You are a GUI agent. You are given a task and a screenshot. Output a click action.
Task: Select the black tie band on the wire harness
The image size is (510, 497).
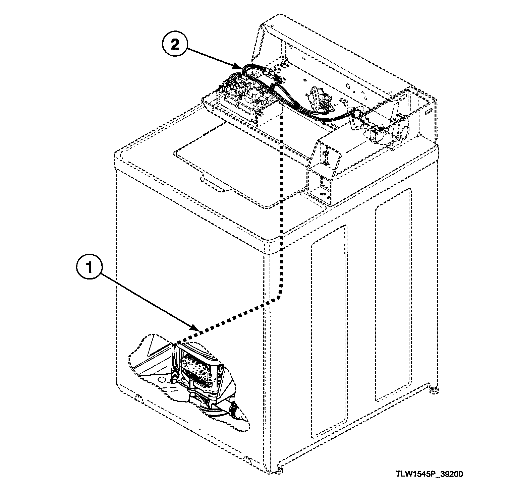tap(296, 106)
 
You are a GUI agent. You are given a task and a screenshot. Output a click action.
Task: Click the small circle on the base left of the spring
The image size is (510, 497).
tap(162, 380)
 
